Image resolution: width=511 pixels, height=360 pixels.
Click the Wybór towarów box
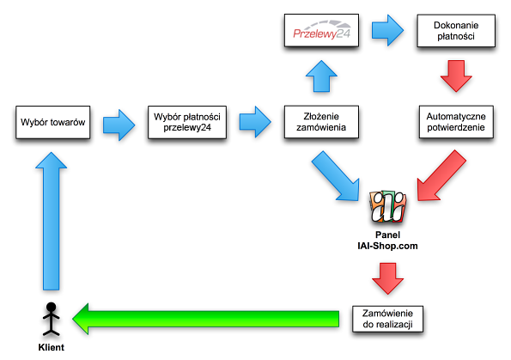click(52, 122)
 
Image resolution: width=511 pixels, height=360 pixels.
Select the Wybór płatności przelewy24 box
click(187, 122)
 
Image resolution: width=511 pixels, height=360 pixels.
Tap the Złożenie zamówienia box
click(321, 122)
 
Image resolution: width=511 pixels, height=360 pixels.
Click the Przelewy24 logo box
click(321, 30)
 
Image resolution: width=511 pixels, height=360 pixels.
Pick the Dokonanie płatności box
click(456, 31)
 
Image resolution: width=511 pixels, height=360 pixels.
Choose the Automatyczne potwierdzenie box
click(456, 122)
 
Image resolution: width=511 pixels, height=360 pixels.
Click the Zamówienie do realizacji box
click(387, 319)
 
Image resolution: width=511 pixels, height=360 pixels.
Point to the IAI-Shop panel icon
click(388, 207)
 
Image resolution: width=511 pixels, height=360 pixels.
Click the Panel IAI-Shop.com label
click(387, 241)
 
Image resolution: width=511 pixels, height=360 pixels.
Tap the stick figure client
click(52, 320)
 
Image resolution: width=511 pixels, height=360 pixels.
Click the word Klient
click(52, 347)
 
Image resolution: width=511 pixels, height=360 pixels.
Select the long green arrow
click(205, 319)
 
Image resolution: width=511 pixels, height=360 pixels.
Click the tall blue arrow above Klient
click(52, 221)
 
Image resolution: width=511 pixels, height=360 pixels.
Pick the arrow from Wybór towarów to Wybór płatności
click(119, 125)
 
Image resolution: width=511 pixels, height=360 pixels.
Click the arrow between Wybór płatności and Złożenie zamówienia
click(255, 122)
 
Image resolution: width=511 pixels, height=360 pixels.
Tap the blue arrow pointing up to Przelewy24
click(321, 76)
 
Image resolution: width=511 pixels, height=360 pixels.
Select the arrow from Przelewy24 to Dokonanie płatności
click(388, 30)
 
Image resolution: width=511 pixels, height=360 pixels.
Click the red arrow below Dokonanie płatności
click(456, 76)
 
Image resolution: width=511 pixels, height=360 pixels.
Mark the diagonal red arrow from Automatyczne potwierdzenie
click(441, 175)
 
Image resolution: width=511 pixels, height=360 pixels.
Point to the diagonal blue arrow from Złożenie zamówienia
click(336, 175)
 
